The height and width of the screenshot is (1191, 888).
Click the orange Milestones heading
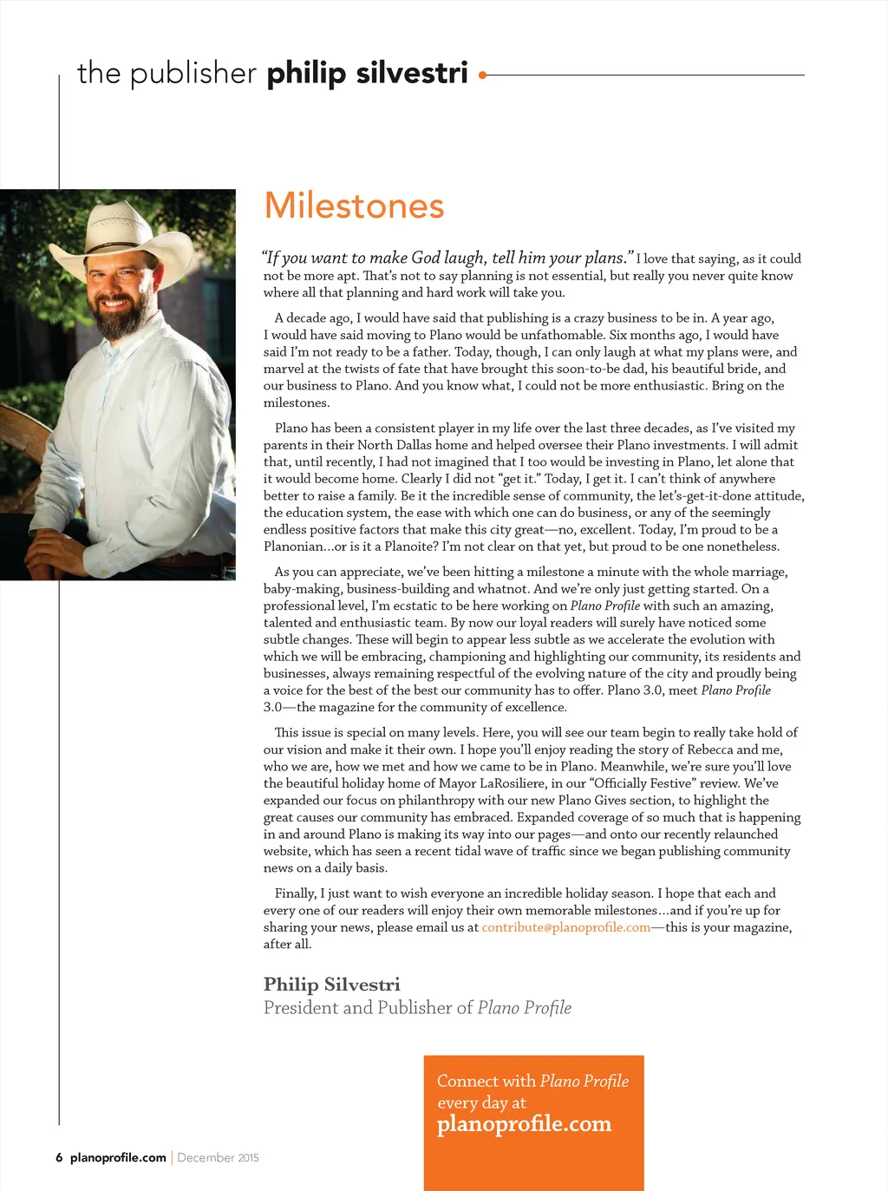tap(354, 206)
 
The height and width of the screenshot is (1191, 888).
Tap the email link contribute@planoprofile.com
tap(565, 927)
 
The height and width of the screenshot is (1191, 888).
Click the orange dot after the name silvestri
tap(482, 75)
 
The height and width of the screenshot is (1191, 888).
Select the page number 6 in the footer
tap(59, 1157)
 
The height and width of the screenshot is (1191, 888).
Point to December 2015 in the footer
tap(218, 1157)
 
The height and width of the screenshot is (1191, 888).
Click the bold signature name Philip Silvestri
tap(331, 985)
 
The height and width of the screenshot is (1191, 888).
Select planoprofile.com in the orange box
tap(524, 1124)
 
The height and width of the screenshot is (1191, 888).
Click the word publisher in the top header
tap(193, 74)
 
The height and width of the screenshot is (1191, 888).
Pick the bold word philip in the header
tap(306, 74)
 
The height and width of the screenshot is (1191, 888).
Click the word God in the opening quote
tap(425, 258)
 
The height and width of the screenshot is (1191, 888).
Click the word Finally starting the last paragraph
tap(295, 893)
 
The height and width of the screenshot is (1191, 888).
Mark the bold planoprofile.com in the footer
tap(118, 1157)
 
